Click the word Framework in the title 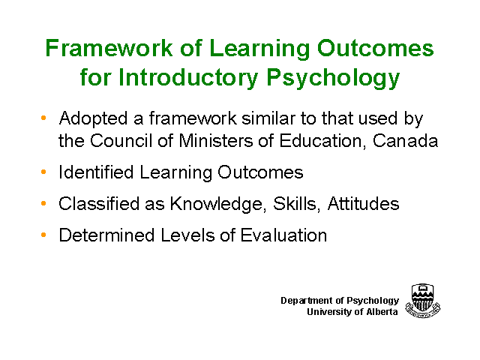pyautogui.click(x=109, y=48)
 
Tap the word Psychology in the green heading pyautogui.click(x=333, y=78)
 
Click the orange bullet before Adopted pyautogui.click(x=43, y=118)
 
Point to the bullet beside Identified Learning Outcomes pyautogui.click(x=43, y=172)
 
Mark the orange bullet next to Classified pyautogui.click(x=43, y=203)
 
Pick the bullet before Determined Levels pyautogui.click(x=43, y=235)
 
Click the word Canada pyautogui.click(x=405, y=141)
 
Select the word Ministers pyautogui.click(x=215, y=141)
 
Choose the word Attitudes pyautogui.click(x=363, y=203)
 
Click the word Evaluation pyautogui.click(x=283, y=235)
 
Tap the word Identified pyautogui.click(x=96, y=172)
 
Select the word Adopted pyautogui.click(x=93, y=119)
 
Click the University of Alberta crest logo pyautogui.click(x=423, y=301)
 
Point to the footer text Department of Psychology pyautogui.click(x=340, y=301)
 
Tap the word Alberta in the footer pyautogui.click(x=382, y=312)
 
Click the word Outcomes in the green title pyautogui.click(x=375, y=48)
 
